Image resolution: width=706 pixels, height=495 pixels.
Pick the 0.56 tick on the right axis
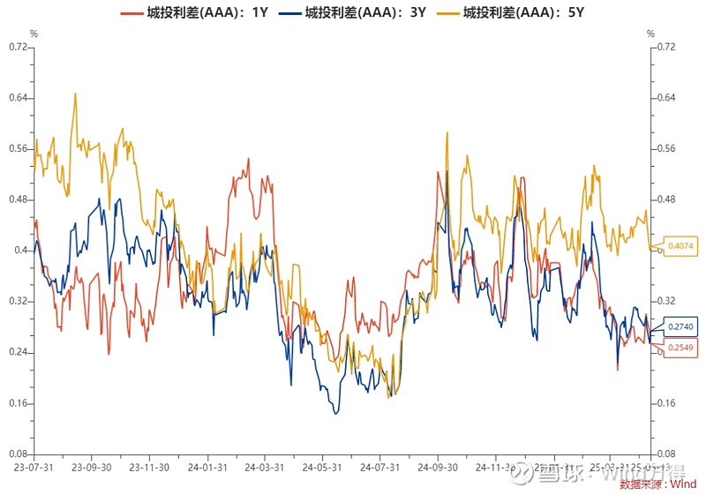pyautogui.click(x=666, y=148)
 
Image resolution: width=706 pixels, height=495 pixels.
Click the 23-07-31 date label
pyautogui.click(x=34, y=468)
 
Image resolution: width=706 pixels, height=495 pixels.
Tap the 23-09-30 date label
pyautogui.click(x=91, y=468)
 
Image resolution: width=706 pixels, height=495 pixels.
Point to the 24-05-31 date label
pyautogui.click(x=321, y=468)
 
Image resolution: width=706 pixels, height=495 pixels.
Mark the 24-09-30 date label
pyautogui.click(x=437, y=468)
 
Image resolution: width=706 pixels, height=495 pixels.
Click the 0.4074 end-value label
pyautogui.click(x=681, y=246)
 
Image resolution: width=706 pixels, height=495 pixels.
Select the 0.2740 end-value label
pyautogui.click(x=681, y=326)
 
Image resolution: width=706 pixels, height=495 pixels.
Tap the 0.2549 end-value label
pyautogui.click(x=681, y=348)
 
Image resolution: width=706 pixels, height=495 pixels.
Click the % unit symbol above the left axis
pyautogui.click(x=34, y=34)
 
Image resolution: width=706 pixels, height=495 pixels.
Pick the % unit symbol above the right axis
pyautogui.click(x=650, y=34)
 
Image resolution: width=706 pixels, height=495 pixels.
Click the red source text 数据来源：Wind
pyautogui.click(x=657, y=484)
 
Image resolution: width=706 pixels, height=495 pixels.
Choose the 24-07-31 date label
pyautogui.click(x=379, y=468)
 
